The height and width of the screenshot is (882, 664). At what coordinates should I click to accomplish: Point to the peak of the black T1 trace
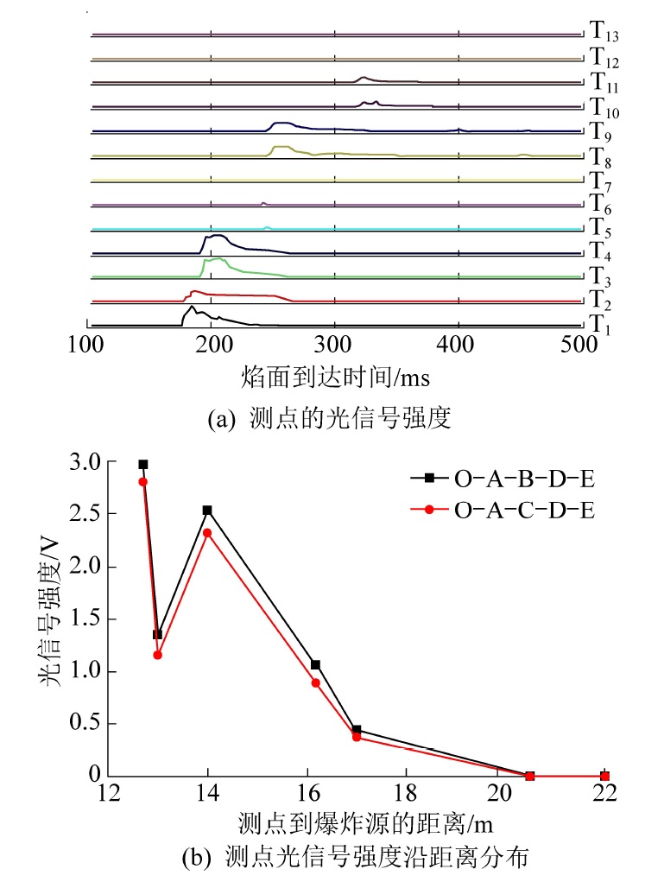click(x=191, y=306)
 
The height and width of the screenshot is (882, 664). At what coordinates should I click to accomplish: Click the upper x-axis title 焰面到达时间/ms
click(x=336, y=378)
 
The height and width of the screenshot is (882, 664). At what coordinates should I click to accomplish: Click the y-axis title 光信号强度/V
click(x=54, y=619)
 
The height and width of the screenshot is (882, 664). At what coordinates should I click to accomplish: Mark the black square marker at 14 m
click(x=207, y=511)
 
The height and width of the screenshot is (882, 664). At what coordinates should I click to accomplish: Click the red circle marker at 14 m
click(x=207, y=533)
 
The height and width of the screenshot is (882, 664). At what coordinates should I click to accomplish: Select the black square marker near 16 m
click(x=316, y=664)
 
